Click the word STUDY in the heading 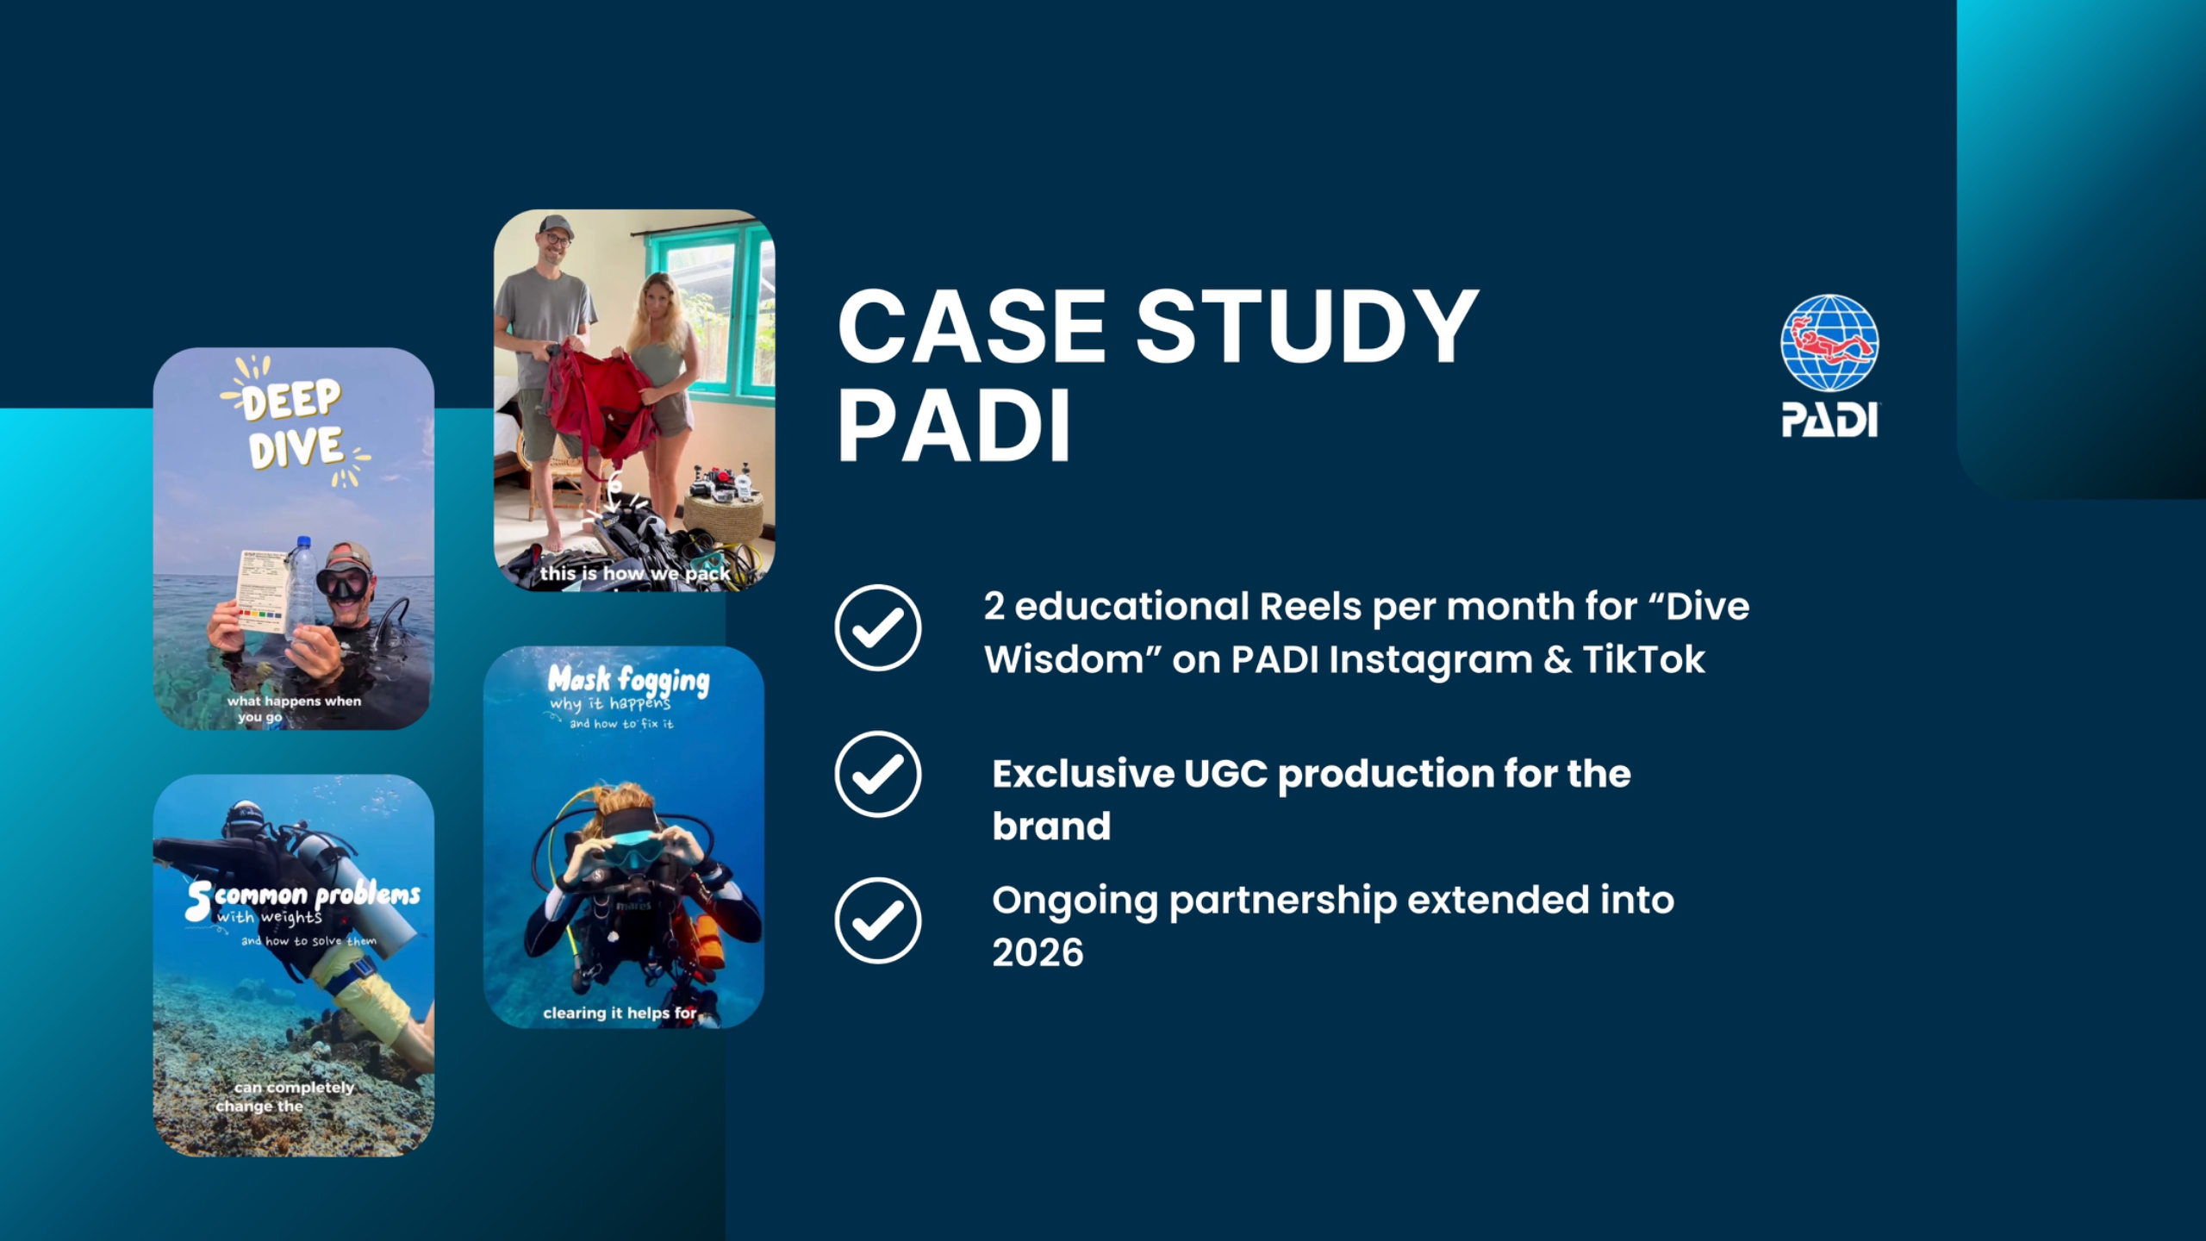(x=1307, y=327)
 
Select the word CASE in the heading (x=972, y=327)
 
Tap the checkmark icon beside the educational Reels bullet (x=877, y=627)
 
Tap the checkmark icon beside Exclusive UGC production (x=877, y=774)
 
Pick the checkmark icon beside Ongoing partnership (x=877, y=920)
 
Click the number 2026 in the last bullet (x=1038, y=953)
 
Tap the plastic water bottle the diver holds (x=301, y=587)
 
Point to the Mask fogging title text (x=628, y=680)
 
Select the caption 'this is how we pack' (x=635, y=573)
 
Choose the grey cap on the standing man (x=556, y=227)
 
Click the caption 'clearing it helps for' (x=620, y=1013)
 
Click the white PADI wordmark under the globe (x=1829, y=421)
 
